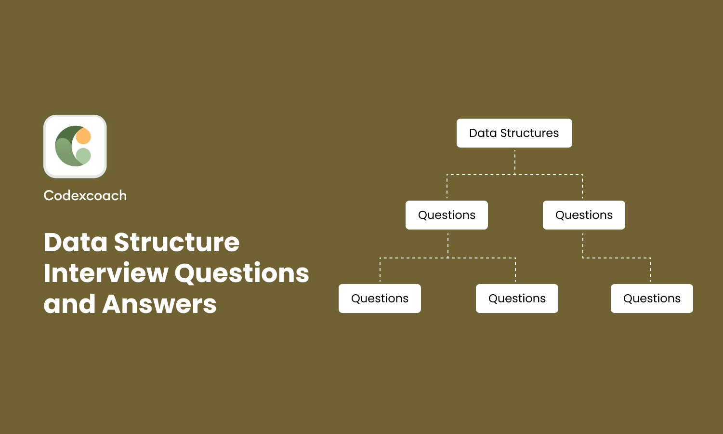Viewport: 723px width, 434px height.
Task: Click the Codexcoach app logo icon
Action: (75, 146)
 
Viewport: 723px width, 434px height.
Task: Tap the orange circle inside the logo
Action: (83, 136)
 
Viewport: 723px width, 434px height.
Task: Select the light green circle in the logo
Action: (83, 156)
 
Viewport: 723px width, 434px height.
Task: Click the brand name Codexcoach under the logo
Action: (85, 196)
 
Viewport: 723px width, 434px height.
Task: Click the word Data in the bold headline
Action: (76, 242)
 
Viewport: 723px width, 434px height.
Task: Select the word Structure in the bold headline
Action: (177, 242)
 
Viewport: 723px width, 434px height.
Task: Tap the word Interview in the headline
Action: (105, 273)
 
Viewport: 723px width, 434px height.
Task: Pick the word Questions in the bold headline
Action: (242, 273)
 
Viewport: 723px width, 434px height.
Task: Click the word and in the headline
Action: (69, 304)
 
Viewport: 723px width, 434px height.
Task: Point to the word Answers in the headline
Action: (159, 304)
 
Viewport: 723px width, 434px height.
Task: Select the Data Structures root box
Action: (514, 133)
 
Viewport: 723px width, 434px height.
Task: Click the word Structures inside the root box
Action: (529, 133)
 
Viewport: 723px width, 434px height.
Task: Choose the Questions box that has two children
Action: (447, 215)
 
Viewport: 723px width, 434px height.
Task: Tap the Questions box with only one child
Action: (584, 215)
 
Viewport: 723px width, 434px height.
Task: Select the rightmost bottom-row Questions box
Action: (652, 298)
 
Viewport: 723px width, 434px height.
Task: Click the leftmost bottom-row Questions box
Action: (380, 298)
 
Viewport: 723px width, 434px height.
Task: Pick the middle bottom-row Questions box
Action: (517, 298)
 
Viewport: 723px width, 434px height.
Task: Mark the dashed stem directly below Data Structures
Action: (515, 161)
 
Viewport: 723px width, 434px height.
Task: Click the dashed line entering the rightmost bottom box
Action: (650, 271)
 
